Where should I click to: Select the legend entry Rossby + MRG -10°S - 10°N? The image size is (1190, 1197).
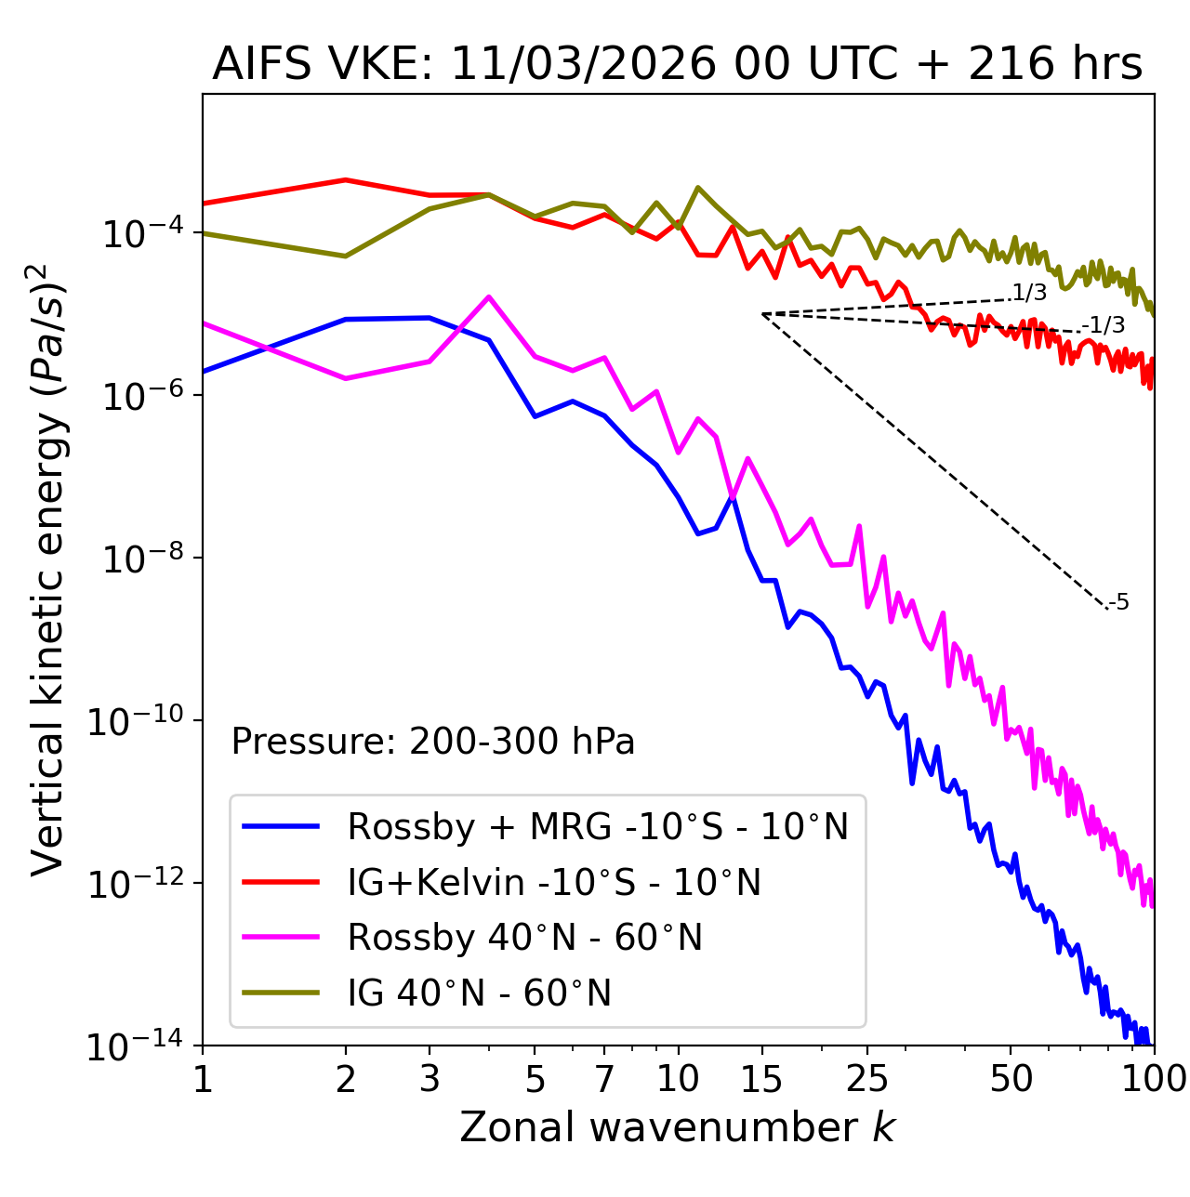click(598, 826)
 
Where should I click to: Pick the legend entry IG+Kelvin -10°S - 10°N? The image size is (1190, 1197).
click(554, 882)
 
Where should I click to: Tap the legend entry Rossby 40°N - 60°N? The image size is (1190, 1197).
click(524, 938)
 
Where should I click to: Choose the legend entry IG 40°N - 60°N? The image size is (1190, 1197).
click(479, 993)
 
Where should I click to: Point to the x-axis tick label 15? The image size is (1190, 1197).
click(761, 1079)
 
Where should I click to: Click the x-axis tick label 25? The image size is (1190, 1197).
click(867, 1079)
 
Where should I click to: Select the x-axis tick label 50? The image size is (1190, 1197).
click(1011, 1079)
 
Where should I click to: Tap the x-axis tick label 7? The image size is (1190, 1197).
click(604, 1079)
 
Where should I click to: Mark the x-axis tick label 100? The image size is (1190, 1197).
click(1153, 1079)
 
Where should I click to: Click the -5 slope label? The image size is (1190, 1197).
click(1119, 602)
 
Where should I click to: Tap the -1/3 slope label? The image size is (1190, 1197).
click(1104, 325)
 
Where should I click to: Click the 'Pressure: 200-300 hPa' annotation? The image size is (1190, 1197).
click(432, 742)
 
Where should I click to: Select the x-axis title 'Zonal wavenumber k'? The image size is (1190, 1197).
click(677, 1127)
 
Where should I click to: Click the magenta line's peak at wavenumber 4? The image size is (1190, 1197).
click(489, 296)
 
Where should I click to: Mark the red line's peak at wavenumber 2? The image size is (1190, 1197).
click(346, 179)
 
